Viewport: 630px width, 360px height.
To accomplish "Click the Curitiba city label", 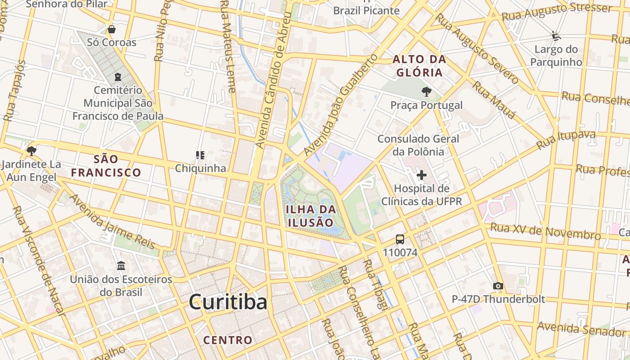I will click(x=228, y=302).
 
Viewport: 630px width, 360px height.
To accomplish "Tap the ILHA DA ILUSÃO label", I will click(x=311, y=216).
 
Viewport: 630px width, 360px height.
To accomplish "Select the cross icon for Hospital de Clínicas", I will click(x=422, y=175).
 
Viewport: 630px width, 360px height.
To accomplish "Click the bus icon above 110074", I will click(x=400, y=239).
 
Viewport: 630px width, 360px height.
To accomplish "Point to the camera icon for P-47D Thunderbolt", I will click(x=498, y=286).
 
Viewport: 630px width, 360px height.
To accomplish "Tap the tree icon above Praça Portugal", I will click(x=426, y=92).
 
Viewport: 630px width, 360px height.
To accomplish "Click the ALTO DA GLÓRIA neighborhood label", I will click(x=419, y=66).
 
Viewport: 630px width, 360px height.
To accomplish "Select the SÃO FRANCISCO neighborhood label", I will click(x=106, y=166).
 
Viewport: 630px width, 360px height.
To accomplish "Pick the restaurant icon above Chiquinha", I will click(x=200, y=155).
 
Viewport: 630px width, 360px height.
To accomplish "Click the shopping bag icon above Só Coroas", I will click(x=112, y=29).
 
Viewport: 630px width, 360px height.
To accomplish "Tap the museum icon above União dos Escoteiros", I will click(x=121, y=266).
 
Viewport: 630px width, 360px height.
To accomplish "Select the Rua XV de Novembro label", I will click(x=545, y=231).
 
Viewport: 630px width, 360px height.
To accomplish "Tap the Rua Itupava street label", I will click(x=566, y=140).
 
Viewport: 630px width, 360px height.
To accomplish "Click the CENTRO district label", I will click(x=228, y=340).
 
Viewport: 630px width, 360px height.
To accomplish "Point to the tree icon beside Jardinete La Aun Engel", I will click(x=31, y=150).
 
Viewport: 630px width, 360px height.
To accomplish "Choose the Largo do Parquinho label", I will click(x=556, y=56).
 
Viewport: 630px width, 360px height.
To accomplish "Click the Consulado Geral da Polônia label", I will click(x=418, y=145).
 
